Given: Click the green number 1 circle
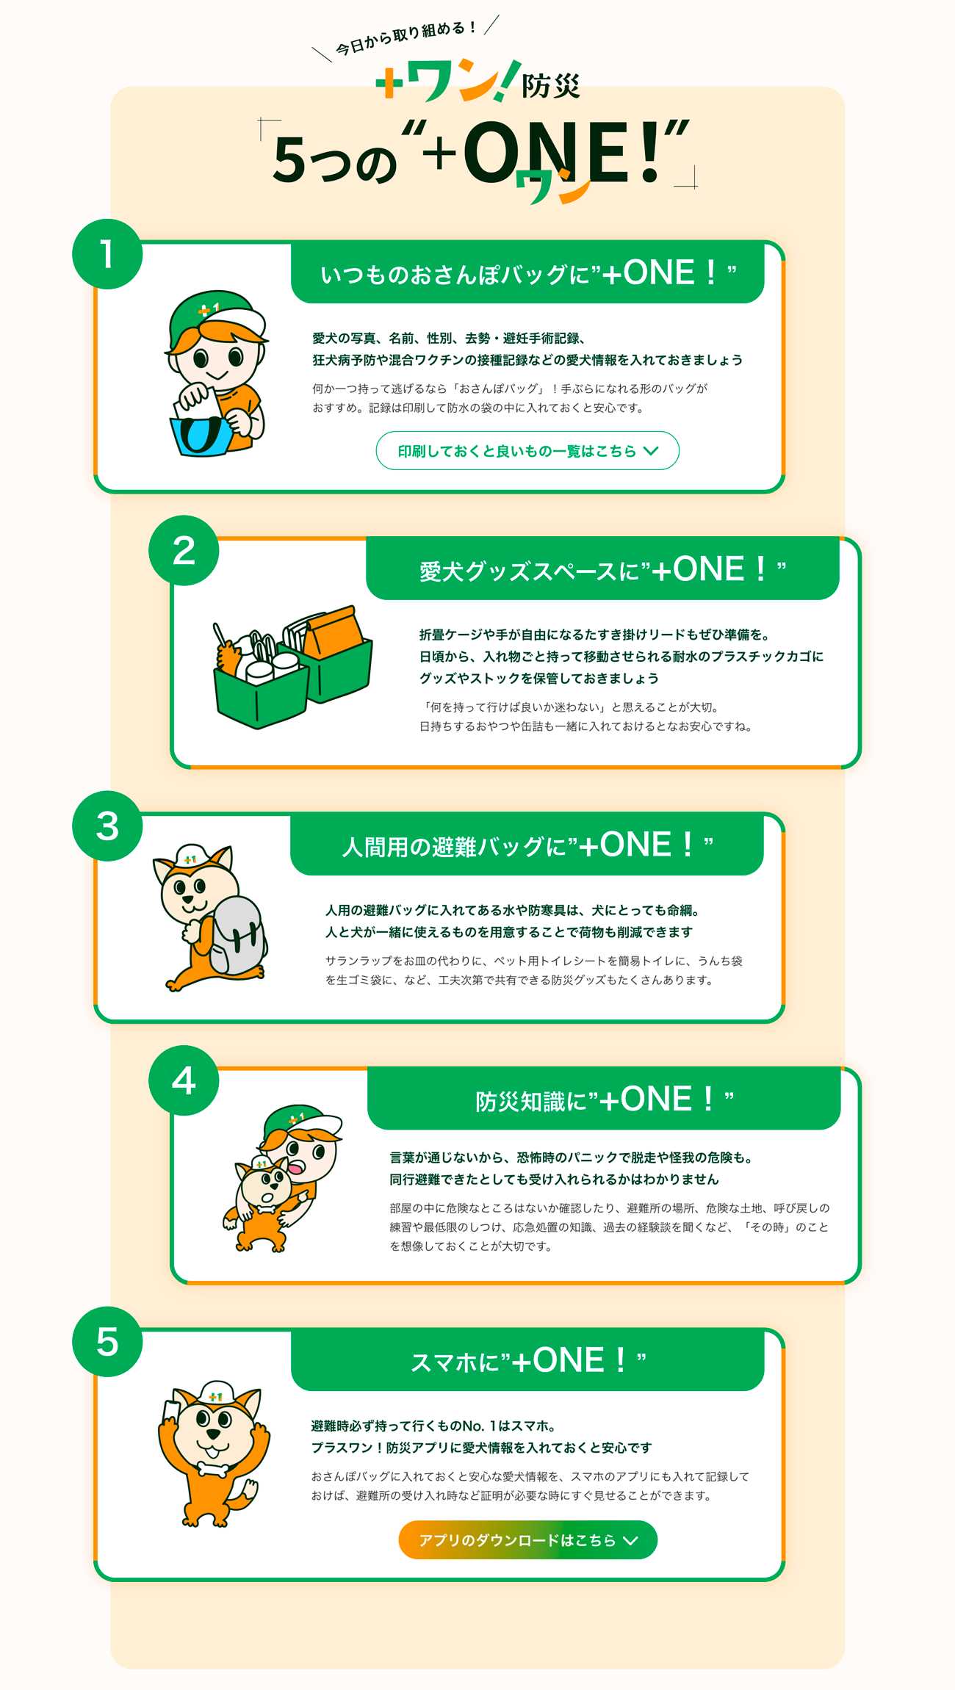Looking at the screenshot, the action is pos(107,254).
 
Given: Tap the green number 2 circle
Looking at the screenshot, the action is pos(184,551).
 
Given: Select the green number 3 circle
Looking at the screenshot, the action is pos(107,826).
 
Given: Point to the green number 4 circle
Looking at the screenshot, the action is pos(184,1080).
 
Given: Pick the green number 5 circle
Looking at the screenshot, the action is pos(107,1342).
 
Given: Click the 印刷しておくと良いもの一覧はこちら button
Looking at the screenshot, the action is pos(527,450).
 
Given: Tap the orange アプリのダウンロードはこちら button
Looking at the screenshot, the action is pos(527,1539).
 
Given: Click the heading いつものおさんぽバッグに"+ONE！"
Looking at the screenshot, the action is pos(527,273).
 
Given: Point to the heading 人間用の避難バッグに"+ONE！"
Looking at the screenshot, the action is pos(527,845).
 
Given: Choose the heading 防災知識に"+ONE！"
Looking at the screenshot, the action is pos(604,1100).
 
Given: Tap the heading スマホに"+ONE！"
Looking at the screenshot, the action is pos(527,1361).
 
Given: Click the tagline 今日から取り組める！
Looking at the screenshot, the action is pos(406,39).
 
